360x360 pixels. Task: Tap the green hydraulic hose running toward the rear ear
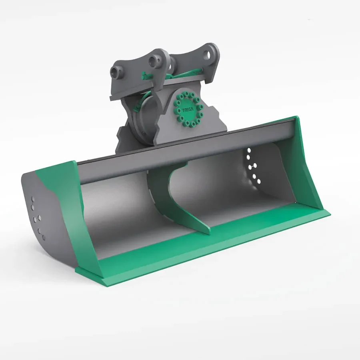pyautogui.click(x=188, y=73)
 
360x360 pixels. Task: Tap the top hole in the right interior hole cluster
pyautogui.click(x=250, y=150)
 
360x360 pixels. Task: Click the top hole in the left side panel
pyautogui.click(x=33, y=199)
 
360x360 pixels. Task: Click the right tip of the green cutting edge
pyautogui.click(x=329, y=213)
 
